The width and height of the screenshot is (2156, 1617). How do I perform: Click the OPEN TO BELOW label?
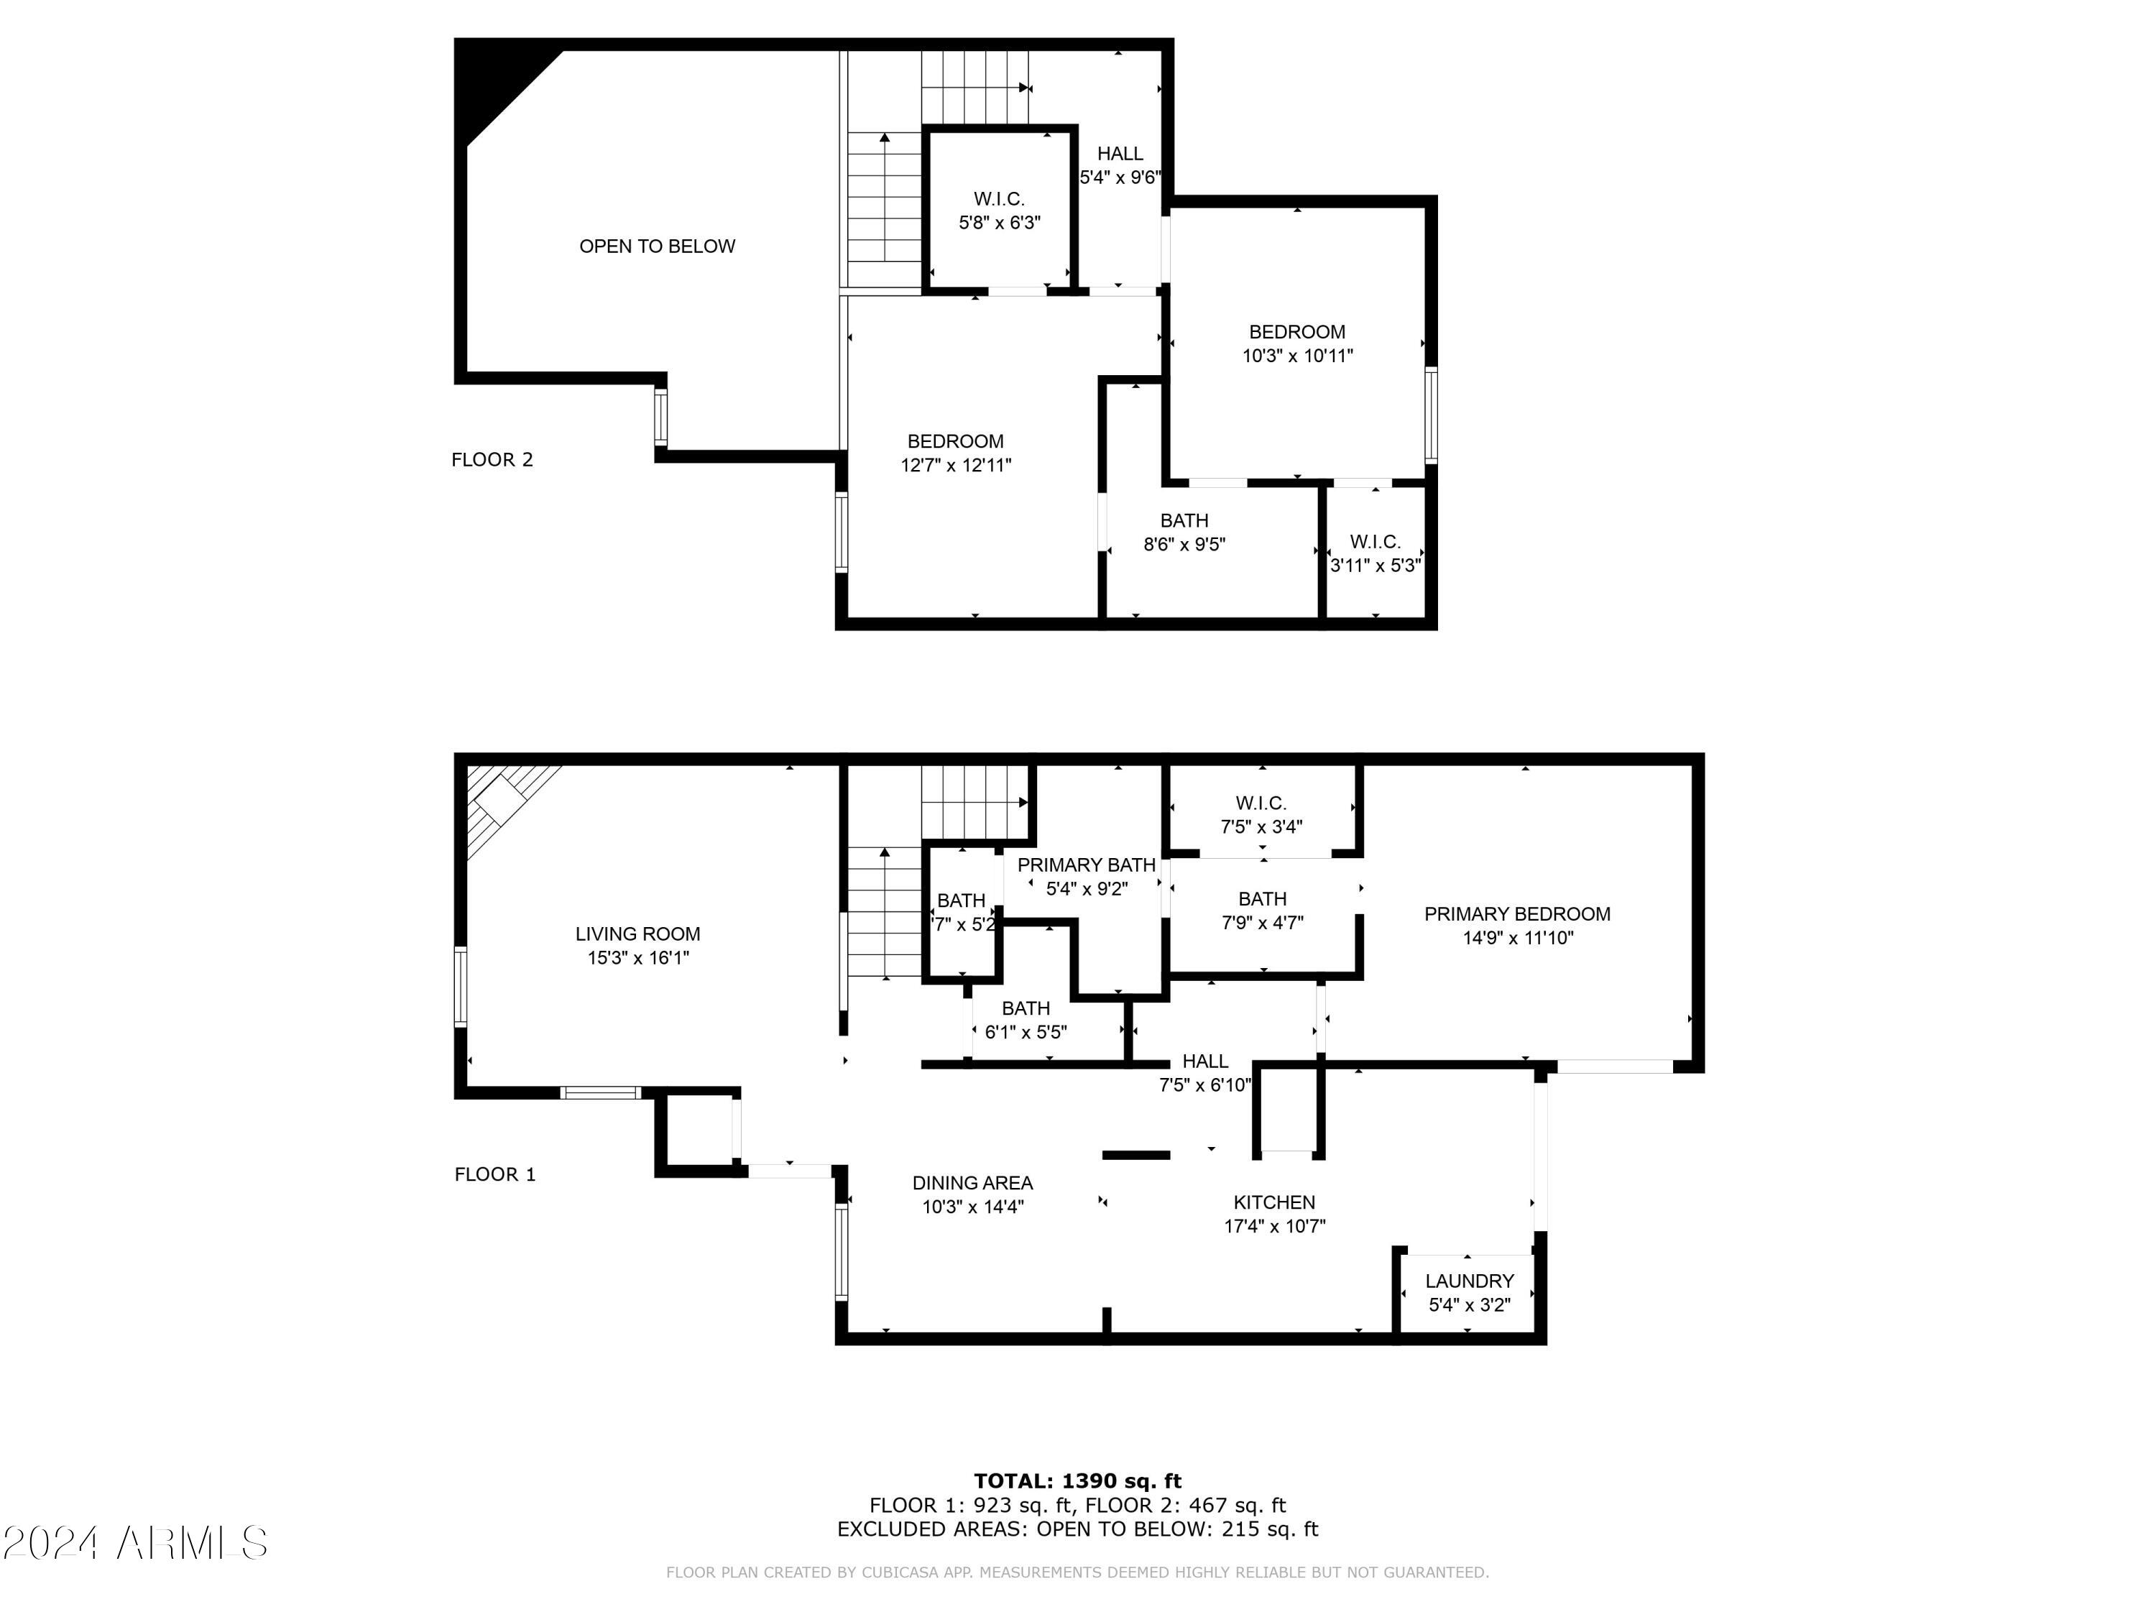point(657,247)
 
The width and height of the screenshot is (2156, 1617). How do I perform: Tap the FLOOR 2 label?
point(492,460)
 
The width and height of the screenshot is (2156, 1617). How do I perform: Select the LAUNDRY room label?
point(1469,1281)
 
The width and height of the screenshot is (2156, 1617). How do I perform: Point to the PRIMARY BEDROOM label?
point(1516,914)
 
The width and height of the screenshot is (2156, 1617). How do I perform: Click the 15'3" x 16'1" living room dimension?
point(637,958)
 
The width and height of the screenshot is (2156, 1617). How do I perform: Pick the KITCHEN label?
point(1274,1203)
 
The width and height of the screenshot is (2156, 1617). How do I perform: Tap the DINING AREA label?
point(972,1183)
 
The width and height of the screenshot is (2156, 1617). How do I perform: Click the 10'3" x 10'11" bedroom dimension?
point(1297,356)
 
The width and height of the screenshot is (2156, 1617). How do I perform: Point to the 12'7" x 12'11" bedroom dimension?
point(955,466)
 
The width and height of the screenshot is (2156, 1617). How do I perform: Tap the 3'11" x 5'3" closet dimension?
point(1376,566)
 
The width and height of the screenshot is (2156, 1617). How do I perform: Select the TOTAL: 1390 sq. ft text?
point(1077,1481)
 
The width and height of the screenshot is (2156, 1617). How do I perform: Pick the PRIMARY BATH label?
point(1086,865)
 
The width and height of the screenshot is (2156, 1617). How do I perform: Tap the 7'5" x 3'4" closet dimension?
point(1261,827)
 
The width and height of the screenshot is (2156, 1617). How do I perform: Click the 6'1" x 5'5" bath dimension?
point(1026,1032)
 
